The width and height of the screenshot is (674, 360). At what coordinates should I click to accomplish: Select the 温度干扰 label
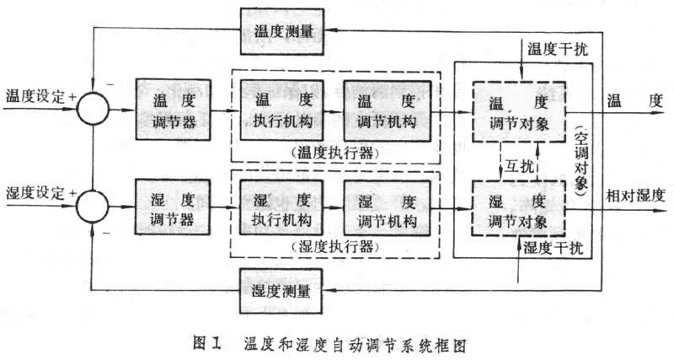point(556,49)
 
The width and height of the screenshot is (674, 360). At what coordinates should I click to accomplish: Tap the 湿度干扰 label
point(556,247)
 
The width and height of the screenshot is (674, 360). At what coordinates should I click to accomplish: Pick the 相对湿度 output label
point(635,196)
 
